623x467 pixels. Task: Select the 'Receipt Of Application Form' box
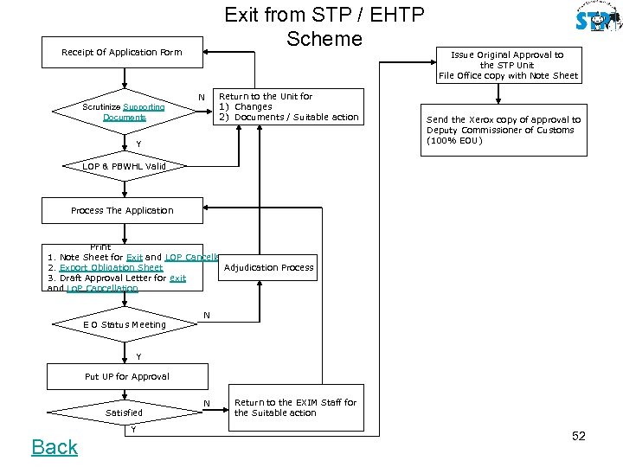[x=122, y=52]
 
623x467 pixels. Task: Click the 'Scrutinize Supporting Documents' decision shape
[x=124, y=112]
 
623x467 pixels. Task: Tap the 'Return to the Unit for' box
[x=288, y=107]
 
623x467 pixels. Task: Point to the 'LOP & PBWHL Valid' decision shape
[x=124, y=166]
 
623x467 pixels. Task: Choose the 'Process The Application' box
[x=122, y=210]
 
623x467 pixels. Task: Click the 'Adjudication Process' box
[x=268, y=267]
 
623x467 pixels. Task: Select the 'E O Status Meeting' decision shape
[x=124, y=324]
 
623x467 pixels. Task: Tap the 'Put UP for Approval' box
[x=126, y=376]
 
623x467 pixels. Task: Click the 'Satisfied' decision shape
[x=124, y=413]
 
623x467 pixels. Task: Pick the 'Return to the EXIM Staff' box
[x=295, y=407]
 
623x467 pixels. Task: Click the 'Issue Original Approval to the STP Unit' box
[x=508, y=65]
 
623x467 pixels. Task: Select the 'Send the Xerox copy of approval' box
[x=504, y=131]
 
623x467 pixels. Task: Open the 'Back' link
[x=55, y=447]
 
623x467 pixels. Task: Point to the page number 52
[x=579, y=436]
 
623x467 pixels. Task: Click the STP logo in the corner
[x=598, y=19]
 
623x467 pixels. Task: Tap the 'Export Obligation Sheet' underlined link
[x=111, y=268]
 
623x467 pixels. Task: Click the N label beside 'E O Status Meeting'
[x=206, y=314]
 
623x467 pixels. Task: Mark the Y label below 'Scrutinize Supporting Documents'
[x=138, y=144]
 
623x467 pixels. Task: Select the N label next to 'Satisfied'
[x=206, y=404]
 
